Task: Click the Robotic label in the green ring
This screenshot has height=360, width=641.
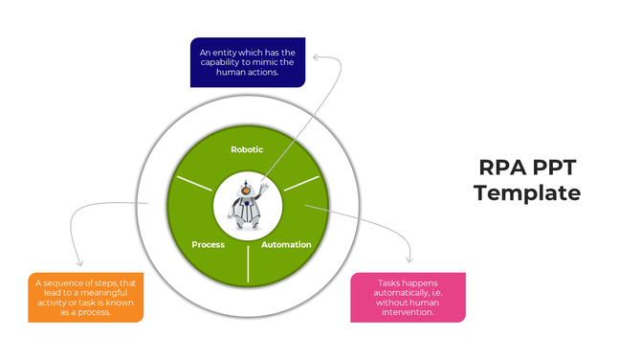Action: pos(247,149)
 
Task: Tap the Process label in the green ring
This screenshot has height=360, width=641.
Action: pos(208,244)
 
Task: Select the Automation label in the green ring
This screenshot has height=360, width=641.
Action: pos(286,244)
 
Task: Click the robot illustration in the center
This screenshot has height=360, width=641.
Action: pos(248,203)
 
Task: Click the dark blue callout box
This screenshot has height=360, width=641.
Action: pos(248,61)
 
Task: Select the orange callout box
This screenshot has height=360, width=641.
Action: pos(87,297)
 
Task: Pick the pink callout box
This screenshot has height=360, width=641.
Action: pos(408,297)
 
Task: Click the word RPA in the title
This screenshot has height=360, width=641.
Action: pos(501,168)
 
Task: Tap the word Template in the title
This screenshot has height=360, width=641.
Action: pos(527,192)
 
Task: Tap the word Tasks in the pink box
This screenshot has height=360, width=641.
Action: pos(389,283)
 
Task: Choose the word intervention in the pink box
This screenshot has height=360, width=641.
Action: pos(408,311)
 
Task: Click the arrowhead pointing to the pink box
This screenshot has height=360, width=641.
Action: pos(410,258)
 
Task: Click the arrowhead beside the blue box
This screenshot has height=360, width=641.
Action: pos(317,58)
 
